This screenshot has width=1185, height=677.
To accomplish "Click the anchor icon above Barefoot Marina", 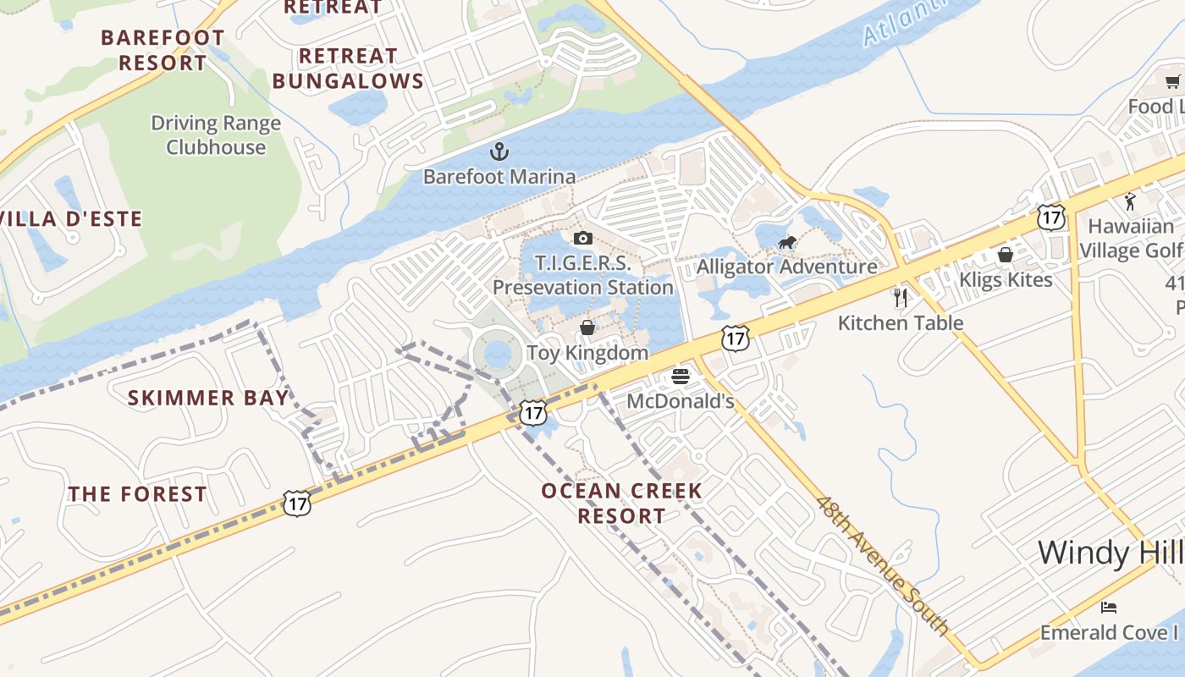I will tap(499, 152).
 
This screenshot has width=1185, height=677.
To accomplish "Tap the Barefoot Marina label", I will tap(499, 177).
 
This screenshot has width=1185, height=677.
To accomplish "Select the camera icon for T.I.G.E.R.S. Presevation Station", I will tap(583, 239).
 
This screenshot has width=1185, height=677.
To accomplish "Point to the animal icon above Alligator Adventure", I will tap(787, 244).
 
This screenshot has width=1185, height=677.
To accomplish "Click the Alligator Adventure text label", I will tap(786, 267).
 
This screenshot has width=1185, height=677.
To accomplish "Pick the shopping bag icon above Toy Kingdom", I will tap(587, 327).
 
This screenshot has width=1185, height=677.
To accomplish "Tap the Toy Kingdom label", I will tap(587, 353).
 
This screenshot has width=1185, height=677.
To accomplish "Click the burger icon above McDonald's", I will tap(681, 376).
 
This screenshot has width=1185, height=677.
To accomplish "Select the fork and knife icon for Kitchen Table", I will tap(901, 298).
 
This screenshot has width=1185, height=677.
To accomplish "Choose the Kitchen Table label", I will tap(901, 323).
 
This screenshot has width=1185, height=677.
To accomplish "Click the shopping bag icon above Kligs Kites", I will tap(1006, 255).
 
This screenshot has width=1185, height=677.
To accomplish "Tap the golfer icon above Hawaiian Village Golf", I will tap(1130, 201).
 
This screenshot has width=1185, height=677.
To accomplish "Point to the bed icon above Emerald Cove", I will tap(1109, 608).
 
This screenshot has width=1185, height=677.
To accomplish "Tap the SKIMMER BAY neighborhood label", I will tap(208, 398).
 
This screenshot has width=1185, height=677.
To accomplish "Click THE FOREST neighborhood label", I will tap(137, 494).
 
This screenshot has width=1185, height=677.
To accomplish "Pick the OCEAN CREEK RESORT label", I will tap(622, 503).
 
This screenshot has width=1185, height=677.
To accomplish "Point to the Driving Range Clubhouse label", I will tap(216, 135).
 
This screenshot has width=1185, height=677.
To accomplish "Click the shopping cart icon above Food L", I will tap(1172, 82).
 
